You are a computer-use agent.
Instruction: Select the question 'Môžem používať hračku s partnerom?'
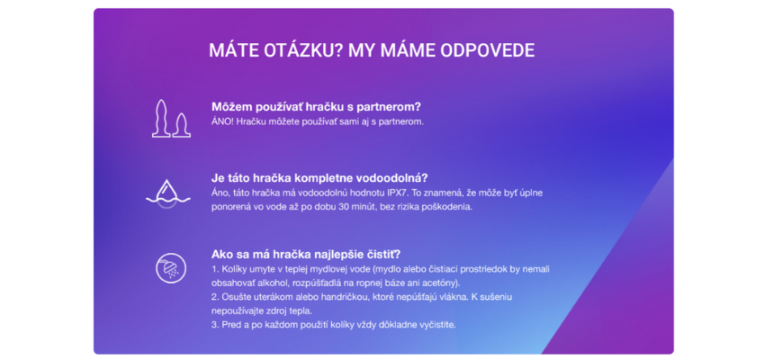[x=316, y=106]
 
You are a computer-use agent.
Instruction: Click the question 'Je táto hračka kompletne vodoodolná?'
[x=319, y=177]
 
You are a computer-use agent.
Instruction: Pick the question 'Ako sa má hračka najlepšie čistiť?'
[x=306, y=254]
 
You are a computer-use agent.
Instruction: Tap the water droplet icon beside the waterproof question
[x=167, y=191]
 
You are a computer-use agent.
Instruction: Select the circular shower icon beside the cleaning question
[x=168, y=267]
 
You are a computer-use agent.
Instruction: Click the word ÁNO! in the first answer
[x=222, y=121]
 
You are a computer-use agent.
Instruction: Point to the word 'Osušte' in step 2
[x=237, y=296]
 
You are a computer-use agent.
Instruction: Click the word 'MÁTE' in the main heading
[x=229, y=50]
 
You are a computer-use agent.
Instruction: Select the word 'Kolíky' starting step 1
[x=234, y=269]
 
